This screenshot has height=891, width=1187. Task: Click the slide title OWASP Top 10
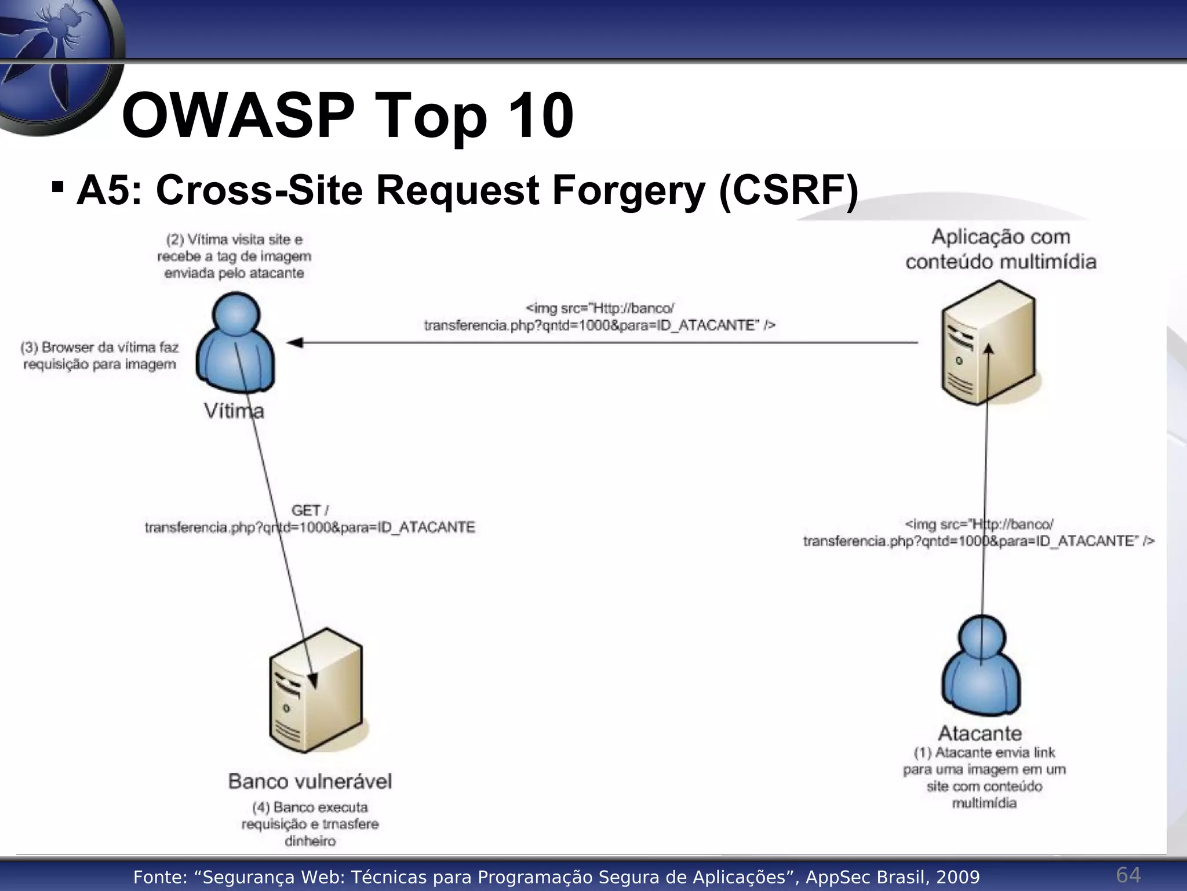click(x=348, y=116)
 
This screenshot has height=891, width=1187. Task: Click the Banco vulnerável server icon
click(x=316, y=690)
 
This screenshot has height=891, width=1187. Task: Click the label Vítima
click(x=234, y=411)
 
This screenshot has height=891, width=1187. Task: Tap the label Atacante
click(x=980, y=733)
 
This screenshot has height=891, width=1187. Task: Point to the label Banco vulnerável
click(x=310, y=781)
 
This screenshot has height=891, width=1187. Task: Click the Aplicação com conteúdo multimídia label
click(x=1001, y=249)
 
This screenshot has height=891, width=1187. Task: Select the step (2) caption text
click(x=234, y=256)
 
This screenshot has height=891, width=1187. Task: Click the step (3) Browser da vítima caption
click(x=100, y=356)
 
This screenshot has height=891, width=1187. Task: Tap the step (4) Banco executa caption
click(x=310, y=824)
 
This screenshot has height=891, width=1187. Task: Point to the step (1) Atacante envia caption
click(x=984, y=778)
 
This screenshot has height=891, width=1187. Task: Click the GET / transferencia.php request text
click(x=310, y=519)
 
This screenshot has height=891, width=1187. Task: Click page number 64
click(x=1128, y=875)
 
